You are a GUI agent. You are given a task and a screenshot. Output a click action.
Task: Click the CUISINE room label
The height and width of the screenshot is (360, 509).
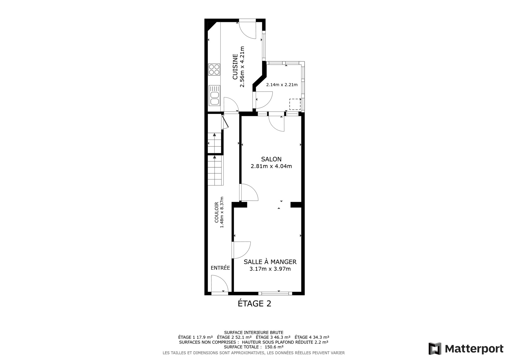(x=235, y=67)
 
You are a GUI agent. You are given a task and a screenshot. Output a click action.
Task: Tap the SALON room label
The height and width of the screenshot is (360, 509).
(x=271, y=159)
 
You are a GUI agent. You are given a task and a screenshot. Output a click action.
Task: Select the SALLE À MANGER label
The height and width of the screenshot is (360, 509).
(x=270, y=262)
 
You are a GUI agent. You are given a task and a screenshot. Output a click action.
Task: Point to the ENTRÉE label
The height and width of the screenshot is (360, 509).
(x=220, y=268)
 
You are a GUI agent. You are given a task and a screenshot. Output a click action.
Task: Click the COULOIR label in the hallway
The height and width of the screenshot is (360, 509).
(x=217, y=212)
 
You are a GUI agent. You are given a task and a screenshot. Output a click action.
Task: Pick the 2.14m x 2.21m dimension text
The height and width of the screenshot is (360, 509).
(x=282, y=85)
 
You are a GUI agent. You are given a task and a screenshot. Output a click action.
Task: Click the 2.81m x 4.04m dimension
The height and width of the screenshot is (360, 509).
(x=271, y=166)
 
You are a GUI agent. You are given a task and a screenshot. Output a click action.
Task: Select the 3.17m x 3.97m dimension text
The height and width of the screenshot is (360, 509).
(x=270, y=269)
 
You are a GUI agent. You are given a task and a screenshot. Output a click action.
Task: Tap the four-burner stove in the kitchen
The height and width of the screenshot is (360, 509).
(x=214, y=70)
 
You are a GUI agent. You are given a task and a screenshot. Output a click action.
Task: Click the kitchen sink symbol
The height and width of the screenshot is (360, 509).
(x=215, y=96)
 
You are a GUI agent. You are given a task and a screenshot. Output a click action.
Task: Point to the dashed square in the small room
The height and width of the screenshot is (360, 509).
(x=295, y=104)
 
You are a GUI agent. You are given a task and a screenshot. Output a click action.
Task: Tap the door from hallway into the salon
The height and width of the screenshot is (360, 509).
(x=249, y=192)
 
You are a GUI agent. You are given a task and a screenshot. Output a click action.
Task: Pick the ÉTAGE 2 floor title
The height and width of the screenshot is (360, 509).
(x=254, y=303)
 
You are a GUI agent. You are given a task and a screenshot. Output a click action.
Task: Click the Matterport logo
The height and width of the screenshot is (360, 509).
(x=466, y=348)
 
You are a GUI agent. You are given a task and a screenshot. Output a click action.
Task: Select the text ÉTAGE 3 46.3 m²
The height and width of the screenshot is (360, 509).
(x=273, y=337)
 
